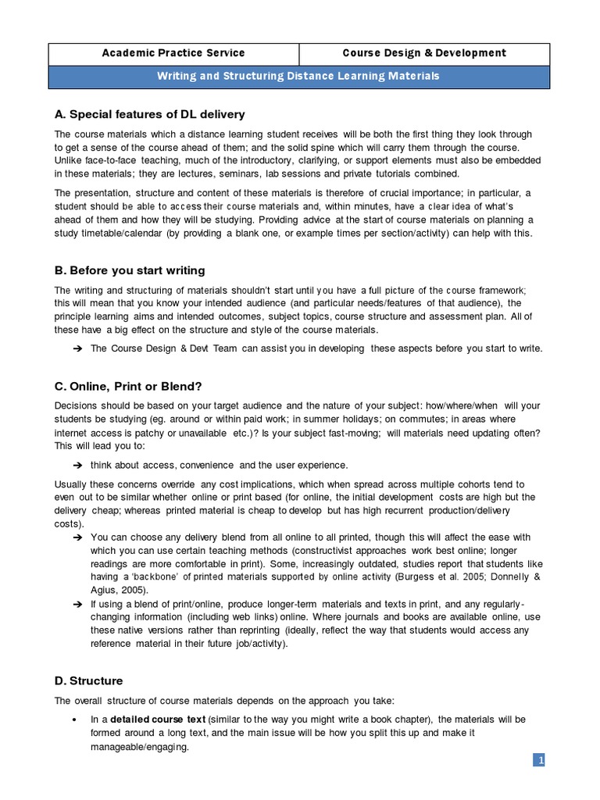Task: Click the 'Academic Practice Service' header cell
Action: pyautogui.click(x=174, y=53)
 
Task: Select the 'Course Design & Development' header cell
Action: pyautogui.click(x=424, y=53)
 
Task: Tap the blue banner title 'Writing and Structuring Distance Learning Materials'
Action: pyautogui.click(x=299, y=76)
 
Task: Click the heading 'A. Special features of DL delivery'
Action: pyautogui.click(x=149, y=115)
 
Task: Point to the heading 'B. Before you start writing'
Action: pyautogui.click(x=130, y=270)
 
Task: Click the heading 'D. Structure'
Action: pyautogui.click(x=88, y=680)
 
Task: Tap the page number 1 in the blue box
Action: pyautogui.click(x=539, y=760)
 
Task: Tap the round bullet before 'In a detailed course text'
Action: pyautogui.click(x=73, y=719)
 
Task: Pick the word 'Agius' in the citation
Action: pyautogui.click(x=105, y=591)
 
